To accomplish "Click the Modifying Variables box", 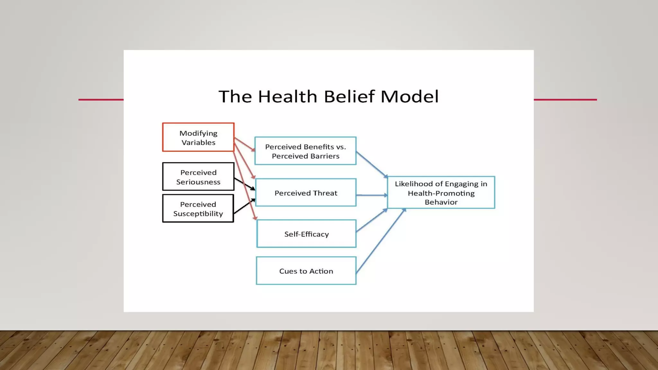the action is coord(198,137).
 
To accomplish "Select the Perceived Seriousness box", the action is coord(198,177).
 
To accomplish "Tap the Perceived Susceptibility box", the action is coord(198,208).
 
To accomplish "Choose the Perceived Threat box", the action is coord(306,193).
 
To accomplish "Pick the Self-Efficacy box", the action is coord(306,234).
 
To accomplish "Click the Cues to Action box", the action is coord(306,271).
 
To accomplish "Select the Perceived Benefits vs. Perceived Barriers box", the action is coord(305,151).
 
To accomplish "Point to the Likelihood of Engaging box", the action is coord(441,192).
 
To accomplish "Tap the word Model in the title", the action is coord(409,96).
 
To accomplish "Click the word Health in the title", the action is coord(288,96).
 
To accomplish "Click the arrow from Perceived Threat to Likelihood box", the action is coord(372,195).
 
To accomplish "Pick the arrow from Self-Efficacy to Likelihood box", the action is coord(372,220).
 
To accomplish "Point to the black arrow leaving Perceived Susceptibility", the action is coord(244,206).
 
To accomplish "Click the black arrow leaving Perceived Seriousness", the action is coord(244,184).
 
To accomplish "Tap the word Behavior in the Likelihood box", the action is coord(441,202).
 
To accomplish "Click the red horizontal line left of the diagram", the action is coord(101,100).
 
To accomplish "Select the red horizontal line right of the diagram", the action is coord(565,100).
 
